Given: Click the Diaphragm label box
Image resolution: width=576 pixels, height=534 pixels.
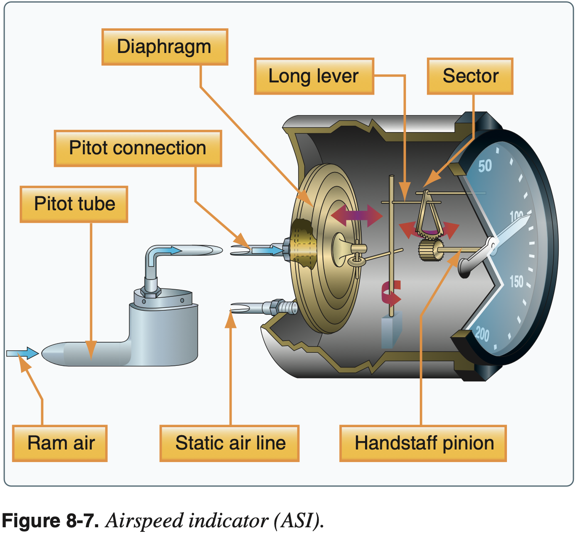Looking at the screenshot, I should [165, 47].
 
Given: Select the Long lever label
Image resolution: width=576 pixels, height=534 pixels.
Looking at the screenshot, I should [314, 76].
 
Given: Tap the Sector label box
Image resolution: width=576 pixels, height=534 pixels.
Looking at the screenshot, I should [470, 76].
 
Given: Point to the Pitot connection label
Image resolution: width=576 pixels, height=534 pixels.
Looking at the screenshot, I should [138, 148].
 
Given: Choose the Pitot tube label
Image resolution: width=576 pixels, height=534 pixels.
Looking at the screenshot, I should [74, 204].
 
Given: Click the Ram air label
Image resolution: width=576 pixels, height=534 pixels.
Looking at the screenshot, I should [60, 443].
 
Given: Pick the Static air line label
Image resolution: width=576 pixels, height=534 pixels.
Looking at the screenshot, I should [230, 443].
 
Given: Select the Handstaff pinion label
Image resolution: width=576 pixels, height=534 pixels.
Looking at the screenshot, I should [423, 443].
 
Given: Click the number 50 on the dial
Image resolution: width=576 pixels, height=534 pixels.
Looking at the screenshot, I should [485, 166].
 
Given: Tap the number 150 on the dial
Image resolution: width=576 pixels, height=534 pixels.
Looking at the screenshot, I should [517, 281].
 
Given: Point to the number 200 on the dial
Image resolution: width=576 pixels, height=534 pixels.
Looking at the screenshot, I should [483, 334].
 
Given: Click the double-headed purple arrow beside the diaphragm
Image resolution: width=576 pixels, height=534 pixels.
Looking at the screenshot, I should [357, 216].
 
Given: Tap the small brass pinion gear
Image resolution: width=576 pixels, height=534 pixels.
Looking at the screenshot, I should [430, 251].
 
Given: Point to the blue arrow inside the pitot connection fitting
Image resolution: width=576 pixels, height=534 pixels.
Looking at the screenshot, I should [268, 251].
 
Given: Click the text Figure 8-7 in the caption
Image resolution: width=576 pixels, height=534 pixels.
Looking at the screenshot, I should [50, 521].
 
